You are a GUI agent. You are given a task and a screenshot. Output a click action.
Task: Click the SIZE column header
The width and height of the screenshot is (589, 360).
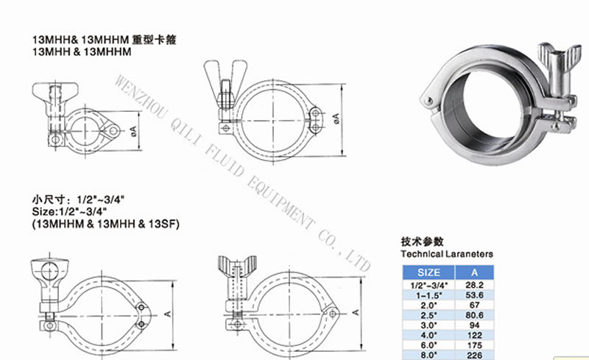428,272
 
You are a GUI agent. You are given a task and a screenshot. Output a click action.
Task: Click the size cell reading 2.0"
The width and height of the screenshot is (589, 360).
428,303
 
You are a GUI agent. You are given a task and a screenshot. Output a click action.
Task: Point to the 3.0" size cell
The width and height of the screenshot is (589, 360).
428,322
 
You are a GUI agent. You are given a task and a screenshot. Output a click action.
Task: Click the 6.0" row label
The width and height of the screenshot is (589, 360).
428,341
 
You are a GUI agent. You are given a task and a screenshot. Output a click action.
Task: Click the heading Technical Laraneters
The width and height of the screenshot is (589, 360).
446,253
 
